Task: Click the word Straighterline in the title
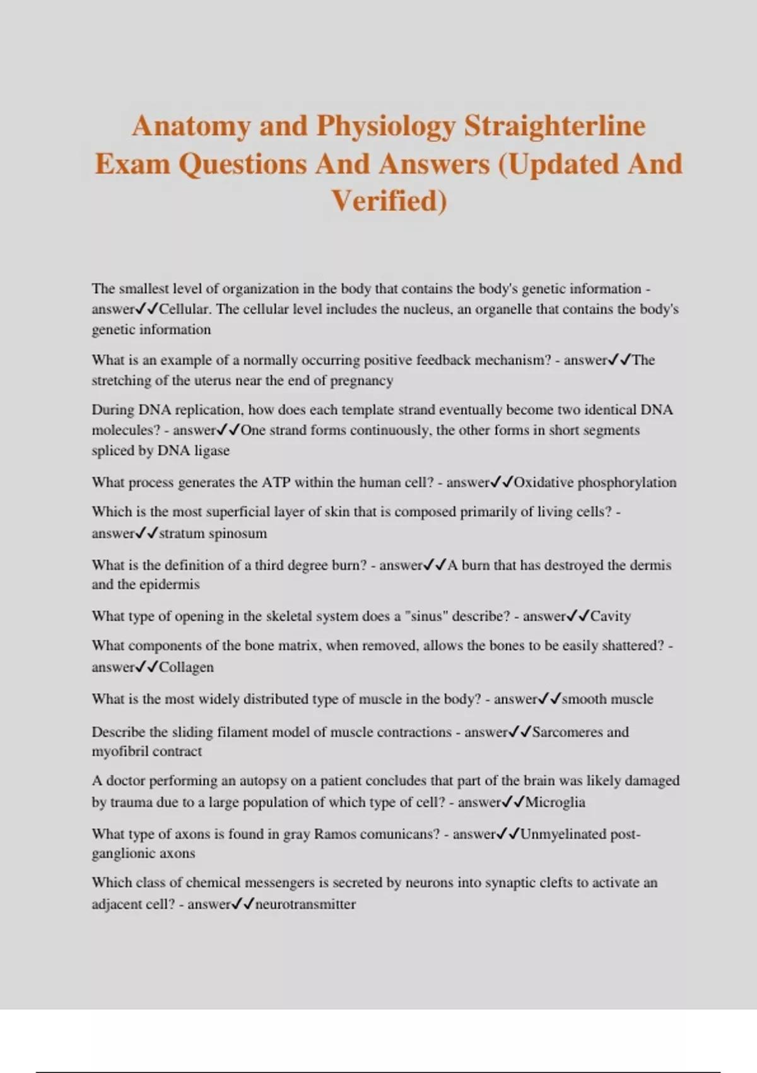[555, 126]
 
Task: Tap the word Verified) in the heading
[389, 201]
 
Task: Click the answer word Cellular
[184, 309]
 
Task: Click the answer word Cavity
[610, 616]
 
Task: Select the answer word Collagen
[186, 667]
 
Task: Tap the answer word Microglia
[555, 802]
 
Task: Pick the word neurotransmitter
[305, 904]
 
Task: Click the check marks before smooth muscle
[549, 699]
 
